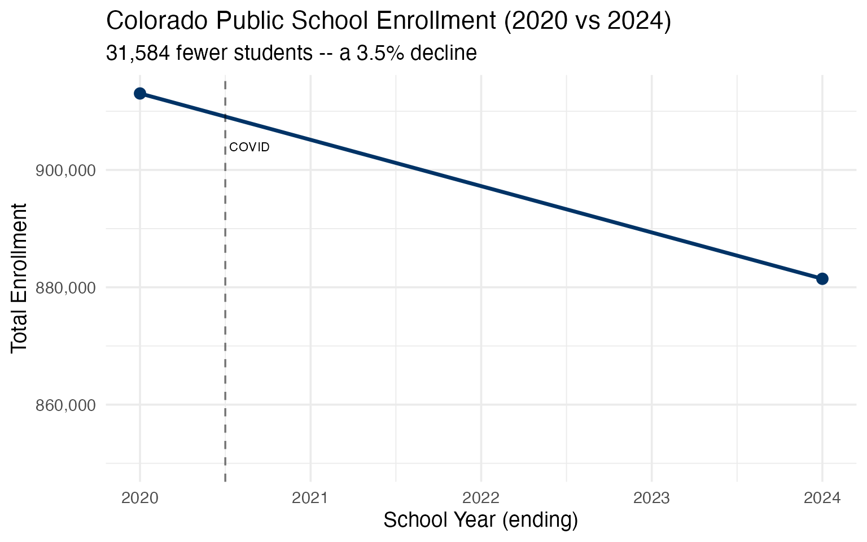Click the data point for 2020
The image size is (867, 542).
pyautogui.click(x=140, y=93)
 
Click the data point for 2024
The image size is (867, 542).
pyautogui.click(x=822, y=278)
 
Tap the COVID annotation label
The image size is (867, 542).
pyautogui.click(x=249, y=147)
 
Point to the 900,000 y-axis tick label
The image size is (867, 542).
pyautogui.click(x=65, y=171)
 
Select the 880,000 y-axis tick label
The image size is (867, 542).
pyautogui.click(x=65, y=288)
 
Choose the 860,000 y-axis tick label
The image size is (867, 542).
pyautogui.click(x=65, y=405)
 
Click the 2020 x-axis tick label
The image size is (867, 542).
pyautogui.click(x=141, y=498)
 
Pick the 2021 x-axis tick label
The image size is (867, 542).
pyautogui.click(x=310, y=498)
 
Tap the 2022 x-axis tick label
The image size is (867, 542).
pyautogui.click(x=481, y=498)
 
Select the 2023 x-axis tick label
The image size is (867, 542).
pyautogui.click(x=651, y=498)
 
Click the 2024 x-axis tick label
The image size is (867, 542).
pyautogui.click(x=822, y=498)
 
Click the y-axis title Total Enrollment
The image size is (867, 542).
pyautogui.click(x=20, y=278)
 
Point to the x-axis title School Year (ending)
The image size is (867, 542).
pyautogui.click(x=480, y=520)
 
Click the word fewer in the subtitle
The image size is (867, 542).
pyautogui.click(x=199, y=53)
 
